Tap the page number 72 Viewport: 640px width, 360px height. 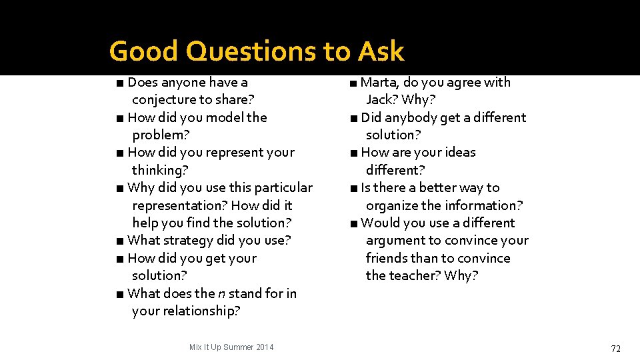pos(615,349)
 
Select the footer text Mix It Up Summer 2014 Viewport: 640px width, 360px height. pos(231,347)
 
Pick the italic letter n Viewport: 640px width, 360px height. pos(221,293)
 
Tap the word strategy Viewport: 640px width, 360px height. pos(189,241)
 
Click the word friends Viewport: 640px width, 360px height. pos(388,258)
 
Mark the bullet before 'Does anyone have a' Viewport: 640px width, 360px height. pos(118,83)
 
